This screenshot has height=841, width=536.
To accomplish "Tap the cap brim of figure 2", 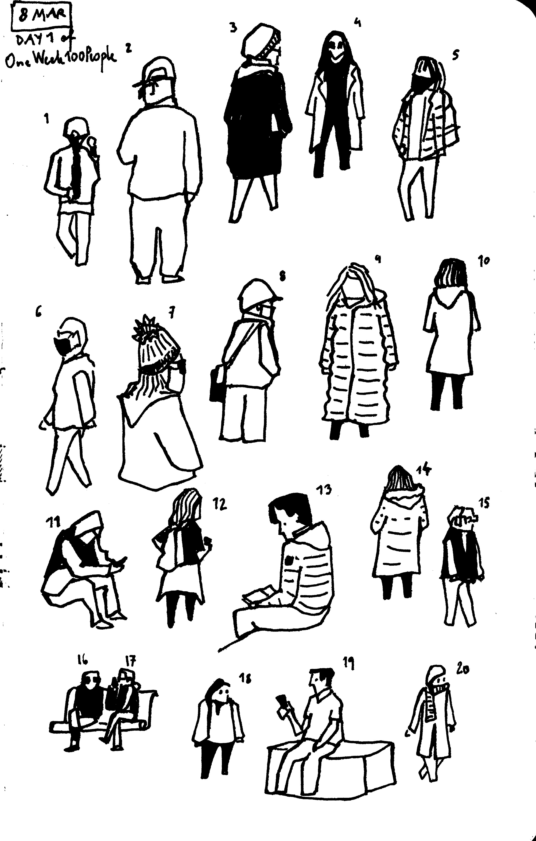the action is [x=140, y=84].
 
